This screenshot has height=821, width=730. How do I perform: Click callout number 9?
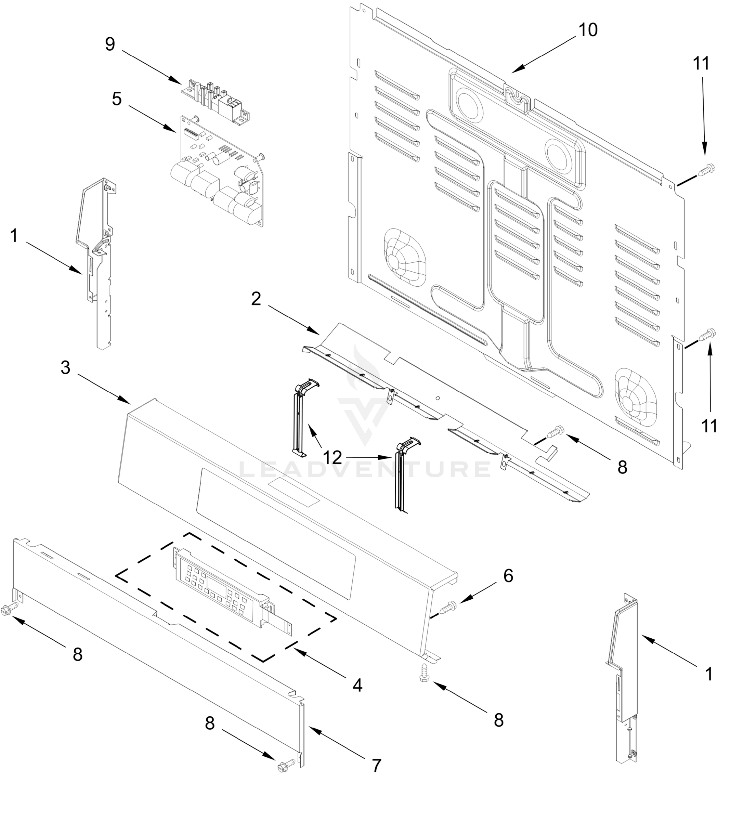pyautogui.click(x=110, y=44)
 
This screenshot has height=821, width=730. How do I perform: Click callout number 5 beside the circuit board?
pyautogui.click(x=117, y=99)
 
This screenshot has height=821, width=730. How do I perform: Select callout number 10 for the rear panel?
pyautogui.click(x=588, y=30)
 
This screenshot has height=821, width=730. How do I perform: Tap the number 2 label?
pyautogui.click(x=256, y=299)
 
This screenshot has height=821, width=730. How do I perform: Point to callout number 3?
pyautogui.click(x=65, y=367)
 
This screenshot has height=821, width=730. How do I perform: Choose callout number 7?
pyautogui.click(x=376, y=766)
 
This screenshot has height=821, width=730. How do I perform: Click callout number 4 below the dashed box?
pyautogui.click(x=357, y=685)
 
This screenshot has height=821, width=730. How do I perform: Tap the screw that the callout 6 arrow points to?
pyautogui.click(x=448, y=608)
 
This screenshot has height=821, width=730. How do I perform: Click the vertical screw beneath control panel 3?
pyautogui.click(x=424, y=673)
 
